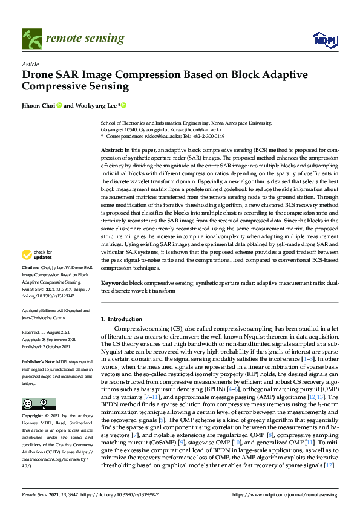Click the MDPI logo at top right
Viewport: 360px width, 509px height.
tap(324, 40)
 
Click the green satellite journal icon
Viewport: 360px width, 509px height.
tap(30, 39)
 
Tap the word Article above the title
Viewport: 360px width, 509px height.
tap(30, 64)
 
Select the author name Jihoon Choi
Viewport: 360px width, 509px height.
tap(39, 106)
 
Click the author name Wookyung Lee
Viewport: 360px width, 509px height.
tap(95, 106)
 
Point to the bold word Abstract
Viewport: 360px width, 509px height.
tap(112, 149)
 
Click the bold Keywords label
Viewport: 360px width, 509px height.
tap(115, 283)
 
